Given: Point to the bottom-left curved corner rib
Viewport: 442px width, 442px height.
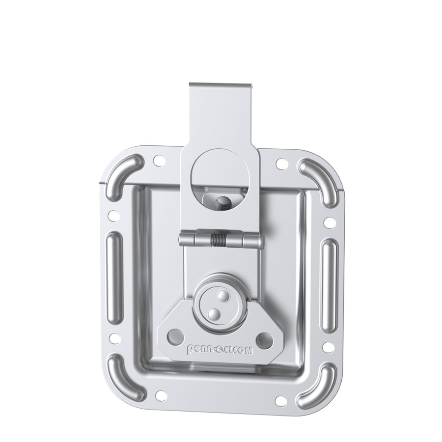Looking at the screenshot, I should tap(124, 376).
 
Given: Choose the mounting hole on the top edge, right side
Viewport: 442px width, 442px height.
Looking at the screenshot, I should tap(280, 163).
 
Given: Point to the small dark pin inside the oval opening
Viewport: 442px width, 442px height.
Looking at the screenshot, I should tap(223, 201).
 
